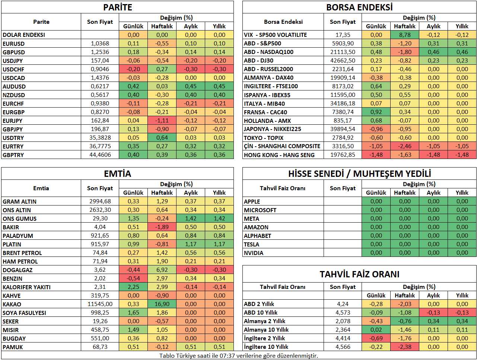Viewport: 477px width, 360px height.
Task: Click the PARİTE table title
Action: pyautogui.click(x=117, y=7)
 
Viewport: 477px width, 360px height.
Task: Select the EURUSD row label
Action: pyautogui.click(x=13, y=44)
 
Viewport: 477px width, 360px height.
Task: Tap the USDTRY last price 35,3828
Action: pyautogui.click(x=100, y=138)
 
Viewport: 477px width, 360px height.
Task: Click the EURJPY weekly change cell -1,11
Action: pyautogui.click(x=162, y=121)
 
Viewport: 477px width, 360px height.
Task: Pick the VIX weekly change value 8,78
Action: pyautogui.click(x=405, y=35)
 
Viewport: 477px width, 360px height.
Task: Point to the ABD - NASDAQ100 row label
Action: pyautogui.click(x=268, y=52)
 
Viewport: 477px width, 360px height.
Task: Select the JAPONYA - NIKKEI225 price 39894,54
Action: pyautogui.click(x=343, y=129)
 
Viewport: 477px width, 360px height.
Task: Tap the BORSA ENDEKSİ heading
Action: pyautogui.click(x=359, y=7)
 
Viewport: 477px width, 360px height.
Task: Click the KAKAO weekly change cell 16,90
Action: pyautogui.click(x=162, y=304)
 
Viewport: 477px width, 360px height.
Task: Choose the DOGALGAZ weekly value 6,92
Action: pyautogui.click(x=162, y=270)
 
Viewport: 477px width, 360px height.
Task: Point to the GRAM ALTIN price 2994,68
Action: pyautogui.click(x=100, y=201)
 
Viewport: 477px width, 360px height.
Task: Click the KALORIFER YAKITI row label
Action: pyautogui.click(x=26, y=287)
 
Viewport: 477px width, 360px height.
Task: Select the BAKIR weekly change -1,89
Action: pyautogui.click(x=162, y=227)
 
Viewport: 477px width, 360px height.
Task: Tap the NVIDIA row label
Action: pyautogui.click(x=253, y=253)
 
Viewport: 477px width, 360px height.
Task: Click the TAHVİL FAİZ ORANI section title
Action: pyautogui.click(x=359, y=274)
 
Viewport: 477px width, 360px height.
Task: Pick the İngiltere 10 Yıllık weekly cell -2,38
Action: pyautogui.click(x=405, y=347)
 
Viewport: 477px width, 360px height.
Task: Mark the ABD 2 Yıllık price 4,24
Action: pyautogui.click(x=343, y=304)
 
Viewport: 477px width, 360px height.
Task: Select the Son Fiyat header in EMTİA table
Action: pyautogui.click(x=100, y=188)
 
